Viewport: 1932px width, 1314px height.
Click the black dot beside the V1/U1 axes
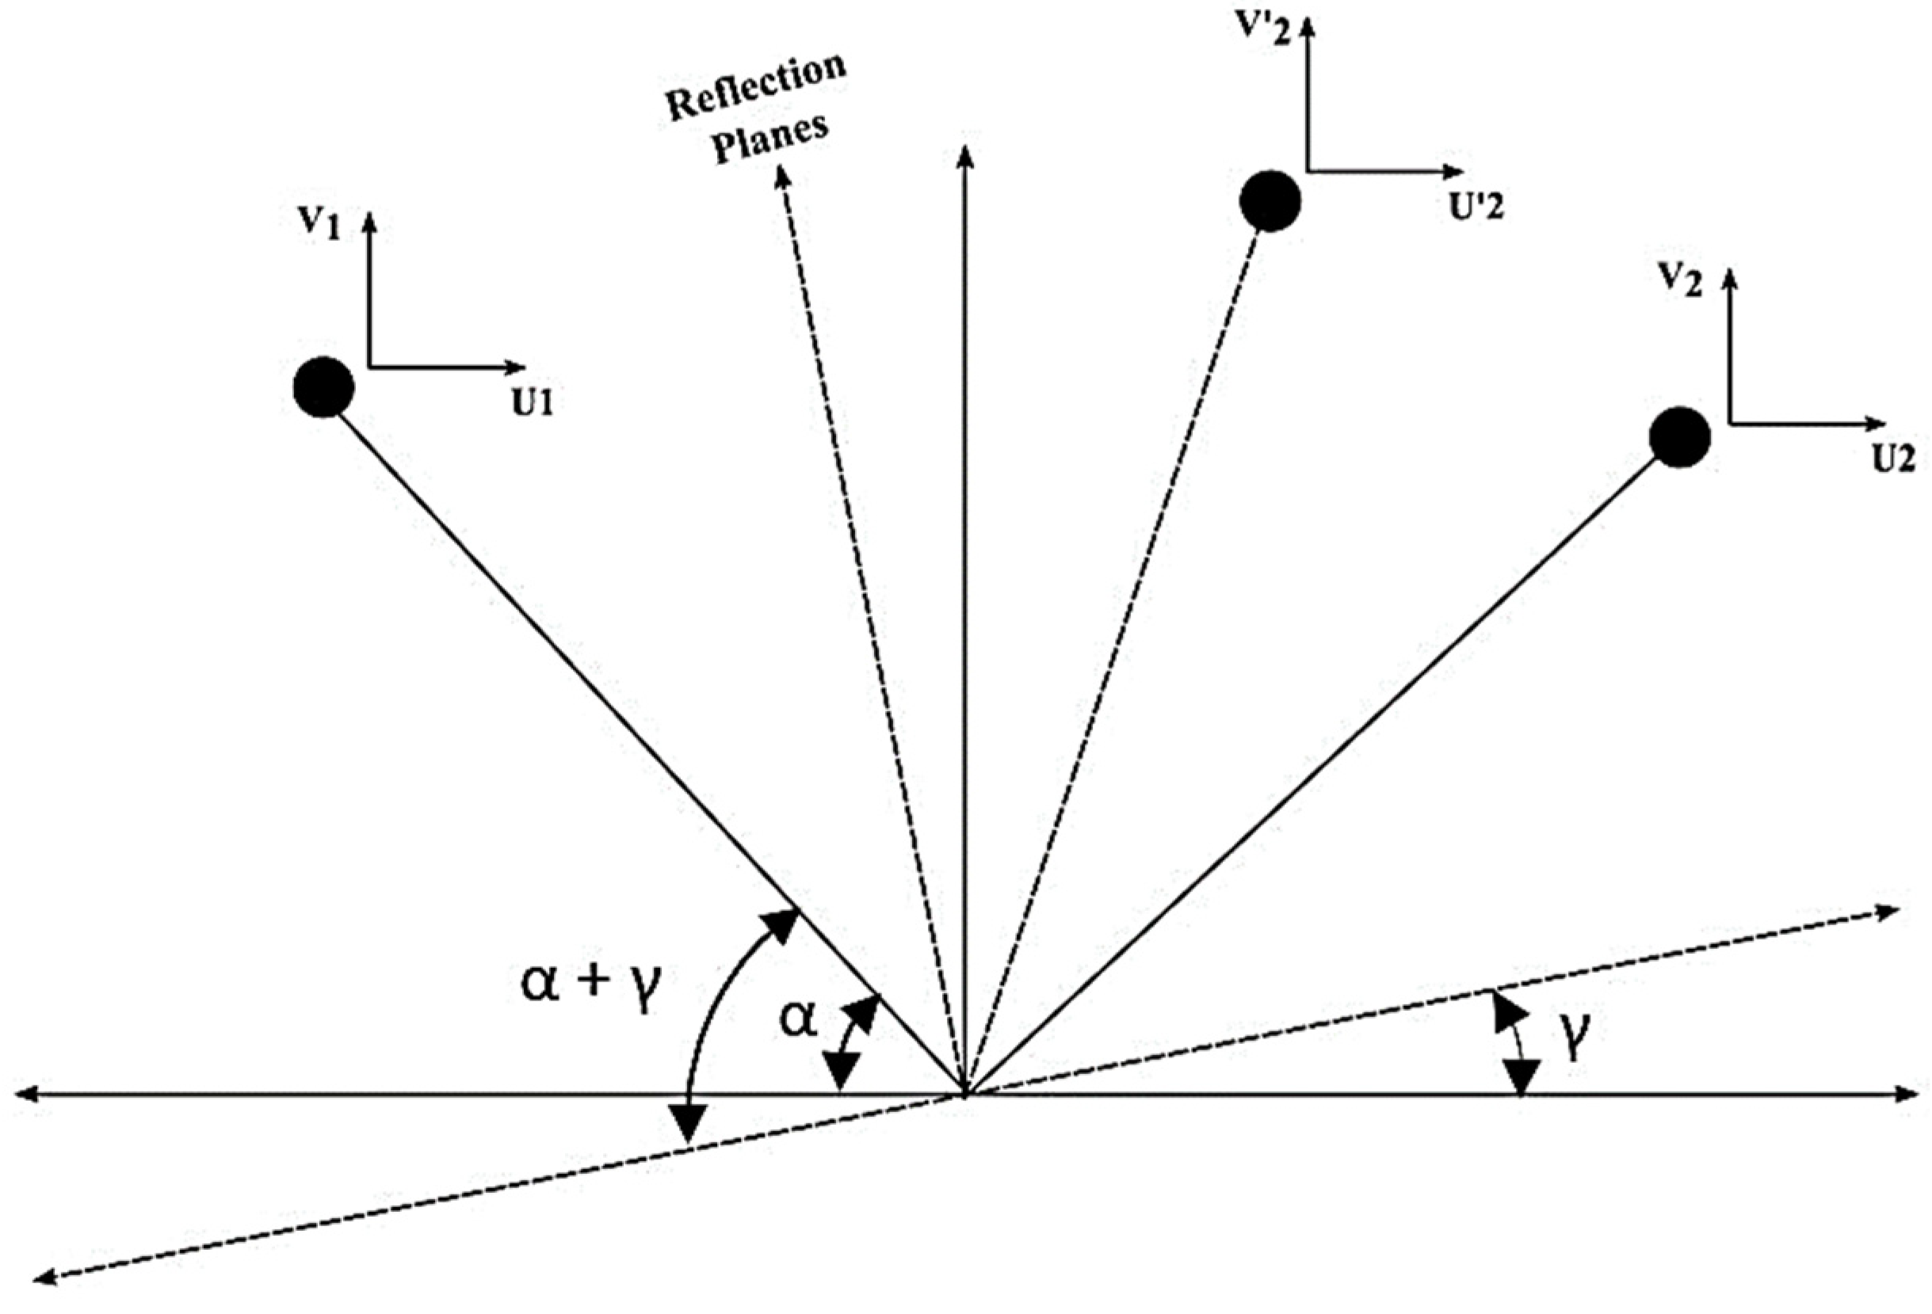pyautogui.click(x=324, y=387)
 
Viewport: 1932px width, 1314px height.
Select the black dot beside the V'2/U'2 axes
pyautogui.click(x=1270, y=201)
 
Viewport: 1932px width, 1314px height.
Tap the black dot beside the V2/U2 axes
pyautogui.click(x=1679, y=437)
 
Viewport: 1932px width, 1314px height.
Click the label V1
pyautogui.click(x=320, y=224)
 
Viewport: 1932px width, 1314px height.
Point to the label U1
pyautogui.click(x=532, y=403)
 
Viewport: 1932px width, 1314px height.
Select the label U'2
pyautogui.click(x=1477, y=208)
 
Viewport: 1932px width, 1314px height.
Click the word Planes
pyautogui.click(x=773, y=139)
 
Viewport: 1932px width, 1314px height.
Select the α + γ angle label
pyautogui.click(x=590, y=985)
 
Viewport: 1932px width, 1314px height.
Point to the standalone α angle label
pyautogui.click(x=798, y=1021)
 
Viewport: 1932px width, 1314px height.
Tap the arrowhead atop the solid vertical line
pyautogui.click(x=964, y=155)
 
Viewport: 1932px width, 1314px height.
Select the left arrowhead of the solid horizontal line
pyautogui.click(x=25, y=1095)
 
